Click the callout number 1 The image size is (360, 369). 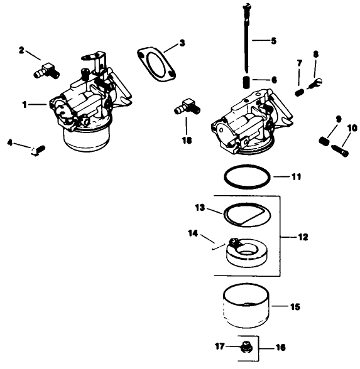click(25, 105)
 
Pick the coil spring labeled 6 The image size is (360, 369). click(247, 82)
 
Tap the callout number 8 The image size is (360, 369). click(315, 54)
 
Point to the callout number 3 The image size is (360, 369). click(182, 43)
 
